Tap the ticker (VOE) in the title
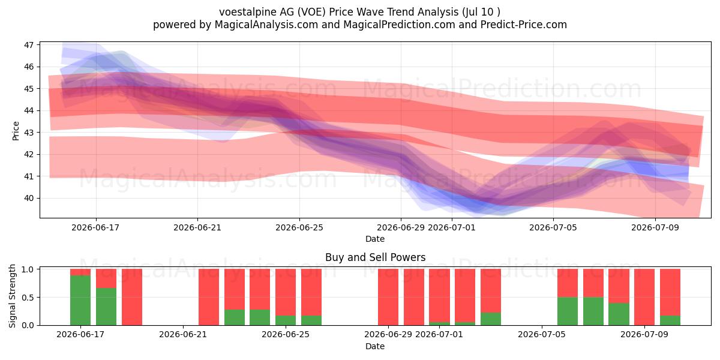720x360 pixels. (x=311, y=12)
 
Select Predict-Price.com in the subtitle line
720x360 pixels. (x=524, y=25)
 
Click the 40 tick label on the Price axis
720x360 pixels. (x=29, y=198)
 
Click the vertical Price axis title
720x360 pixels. (x=16, y=131)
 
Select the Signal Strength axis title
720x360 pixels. (x=12, y=296)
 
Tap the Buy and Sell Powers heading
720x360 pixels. (x=375, y=257)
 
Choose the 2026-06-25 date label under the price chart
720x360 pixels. (x=299, y=227)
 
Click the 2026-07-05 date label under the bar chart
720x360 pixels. (x=542, y=334)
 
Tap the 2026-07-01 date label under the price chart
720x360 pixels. (x=452, y=227)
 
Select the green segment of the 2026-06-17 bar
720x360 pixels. (x=80, y=300)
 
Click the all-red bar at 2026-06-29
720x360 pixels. (x=388, y=297)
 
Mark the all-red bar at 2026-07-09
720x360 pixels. (x=644, y=297)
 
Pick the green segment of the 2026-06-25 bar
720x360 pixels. (x=286, y=320)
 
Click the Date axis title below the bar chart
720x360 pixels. (x=375, y=346)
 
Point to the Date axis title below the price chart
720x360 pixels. (x=375, y=239)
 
